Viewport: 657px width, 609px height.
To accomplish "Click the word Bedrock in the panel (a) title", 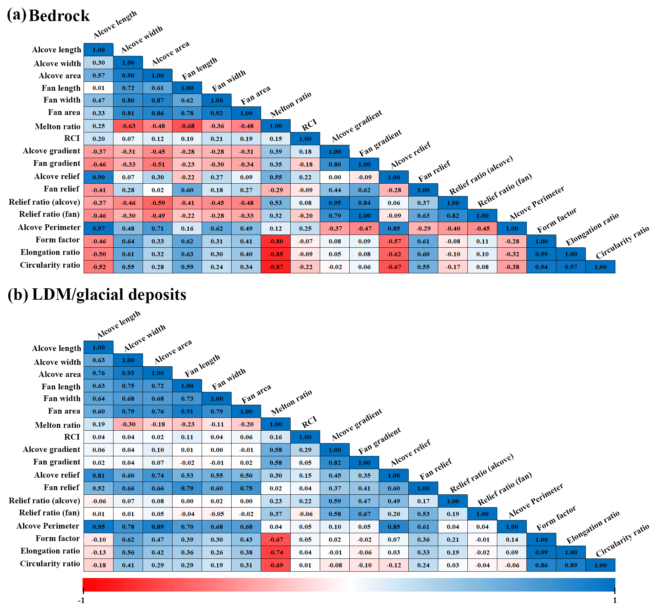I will click(x=59, y=16).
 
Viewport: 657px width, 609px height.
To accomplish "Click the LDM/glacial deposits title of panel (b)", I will click(x=109, y=295).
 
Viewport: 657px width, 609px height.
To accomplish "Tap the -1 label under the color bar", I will click(x=81, y=600).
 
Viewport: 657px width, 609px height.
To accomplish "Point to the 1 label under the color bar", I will click(x=615, y=600).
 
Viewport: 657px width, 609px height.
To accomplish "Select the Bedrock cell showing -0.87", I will click(x=276, y=267).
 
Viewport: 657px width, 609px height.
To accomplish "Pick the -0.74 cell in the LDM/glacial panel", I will click(x=276, y=552).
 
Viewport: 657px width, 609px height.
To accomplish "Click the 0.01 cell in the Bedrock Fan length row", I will click(x=99, y=88).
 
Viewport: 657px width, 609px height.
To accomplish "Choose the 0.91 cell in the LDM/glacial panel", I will click(x=187, y=411).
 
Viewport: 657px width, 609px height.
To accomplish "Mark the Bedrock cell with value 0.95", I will click(x=335, y=203).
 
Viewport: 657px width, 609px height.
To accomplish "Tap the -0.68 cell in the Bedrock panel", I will click(x=187, y=126).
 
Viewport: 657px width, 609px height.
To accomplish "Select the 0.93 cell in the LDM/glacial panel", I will click(x=128, y=373).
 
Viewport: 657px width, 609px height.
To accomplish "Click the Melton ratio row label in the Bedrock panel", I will click(x=58, y=126).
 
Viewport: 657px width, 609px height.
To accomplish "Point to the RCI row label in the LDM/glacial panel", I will click(x=72, y=437).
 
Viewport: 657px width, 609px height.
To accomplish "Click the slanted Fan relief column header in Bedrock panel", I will click(x=434, y=171).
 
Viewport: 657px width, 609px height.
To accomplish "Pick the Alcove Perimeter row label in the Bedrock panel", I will click(x=49, y=227).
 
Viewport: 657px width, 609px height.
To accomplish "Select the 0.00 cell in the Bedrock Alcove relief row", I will click(x=335, y=177).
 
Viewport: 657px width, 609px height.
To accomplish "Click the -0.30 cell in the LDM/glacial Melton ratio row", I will click(x=128, y=424).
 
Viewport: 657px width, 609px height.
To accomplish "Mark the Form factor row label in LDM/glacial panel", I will click(x=58, y=538).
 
